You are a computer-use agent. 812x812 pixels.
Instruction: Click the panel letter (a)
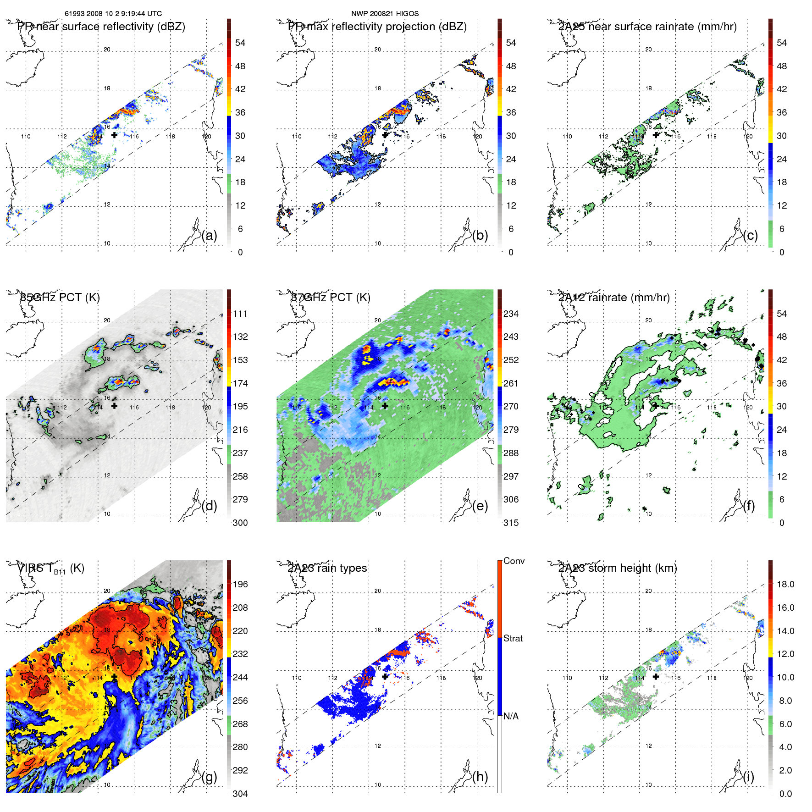(209, 236)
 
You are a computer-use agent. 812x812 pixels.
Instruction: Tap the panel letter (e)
(480, 506)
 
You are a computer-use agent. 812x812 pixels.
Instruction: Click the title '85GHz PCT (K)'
(60, 297)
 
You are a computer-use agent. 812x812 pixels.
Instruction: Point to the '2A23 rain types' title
(327, 568)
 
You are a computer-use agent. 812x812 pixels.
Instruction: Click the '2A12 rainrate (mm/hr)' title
(613, 297)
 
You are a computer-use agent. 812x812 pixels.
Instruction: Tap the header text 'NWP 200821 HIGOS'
(385, 14)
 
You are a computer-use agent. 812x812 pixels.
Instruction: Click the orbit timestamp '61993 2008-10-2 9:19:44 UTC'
(113, 14)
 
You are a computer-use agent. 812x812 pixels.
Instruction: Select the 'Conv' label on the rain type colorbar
(514, 561)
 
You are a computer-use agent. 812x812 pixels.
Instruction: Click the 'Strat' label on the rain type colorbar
(513, 638)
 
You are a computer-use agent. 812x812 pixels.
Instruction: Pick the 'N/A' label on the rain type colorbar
(511, 716)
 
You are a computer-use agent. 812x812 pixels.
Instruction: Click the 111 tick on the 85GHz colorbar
(240, 314)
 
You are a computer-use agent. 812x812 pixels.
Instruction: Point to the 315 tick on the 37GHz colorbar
(511, 523)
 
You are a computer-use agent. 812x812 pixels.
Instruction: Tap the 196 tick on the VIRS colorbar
(240, 584)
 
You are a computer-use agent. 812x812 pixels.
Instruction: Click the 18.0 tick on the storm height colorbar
(785, 584)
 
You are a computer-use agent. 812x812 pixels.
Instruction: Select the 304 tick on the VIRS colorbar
(240, 794)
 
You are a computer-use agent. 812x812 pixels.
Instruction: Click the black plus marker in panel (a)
(114, 135)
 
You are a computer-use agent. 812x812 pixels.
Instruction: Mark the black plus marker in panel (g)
(114, 677)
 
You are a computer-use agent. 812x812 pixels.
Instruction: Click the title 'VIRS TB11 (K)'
(50, 568)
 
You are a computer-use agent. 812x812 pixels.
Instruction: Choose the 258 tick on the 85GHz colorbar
(240, 476)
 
